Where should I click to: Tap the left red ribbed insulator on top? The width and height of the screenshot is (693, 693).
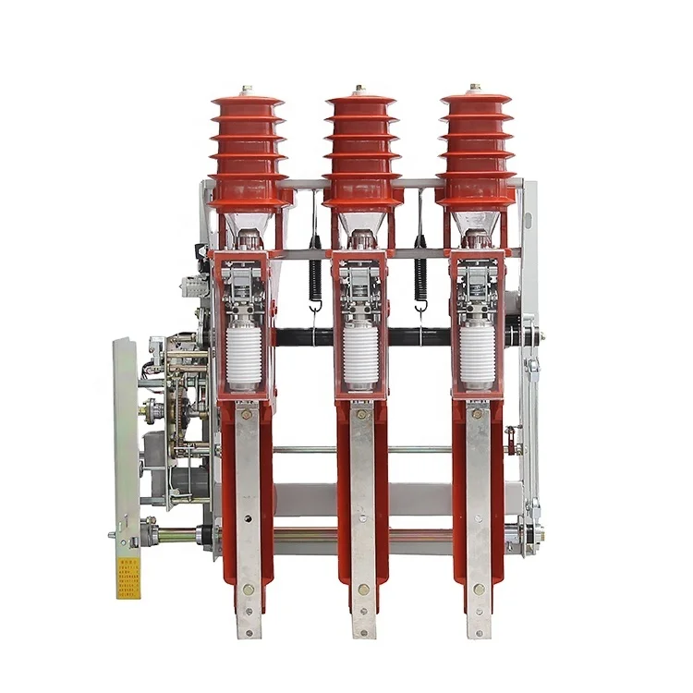point(247,148)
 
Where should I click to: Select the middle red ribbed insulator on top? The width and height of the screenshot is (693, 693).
point(359,148)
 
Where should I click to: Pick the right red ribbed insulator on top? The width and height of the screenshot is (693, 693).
point(476,148)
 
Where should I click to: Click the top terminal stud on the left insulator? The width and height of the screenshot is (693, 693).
point(247,90)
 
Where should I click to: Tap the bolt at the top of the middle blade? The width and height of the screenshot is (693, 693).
point(362,413)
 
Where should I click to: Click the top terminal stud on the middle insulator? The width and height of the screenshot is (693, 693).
point(360,90)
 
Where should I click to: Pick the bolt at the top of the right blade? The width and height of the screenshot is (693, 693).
point(477,413)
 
